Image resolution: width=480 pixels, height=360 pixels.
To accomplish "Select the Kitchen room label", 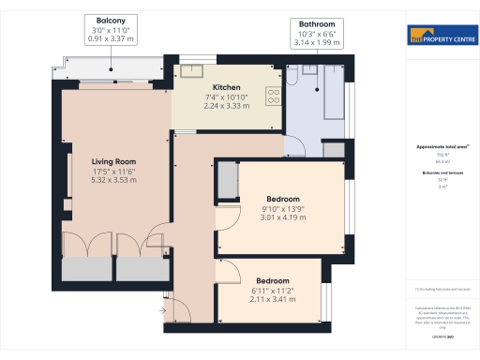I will tap(226, 87).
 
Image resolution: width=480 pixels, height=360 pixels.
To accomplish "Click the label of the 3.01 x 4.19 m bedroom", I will tap(282, 200).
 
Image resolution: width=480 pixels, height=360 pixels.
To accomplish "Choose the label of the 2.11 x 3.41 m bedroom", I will tap(271, 281).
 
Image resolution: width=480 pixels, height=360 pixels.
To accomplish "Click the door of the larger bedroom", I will tap(226, 217).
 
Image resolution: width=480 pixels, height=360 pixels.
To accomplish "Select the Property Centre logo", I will tap(442, 37).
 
